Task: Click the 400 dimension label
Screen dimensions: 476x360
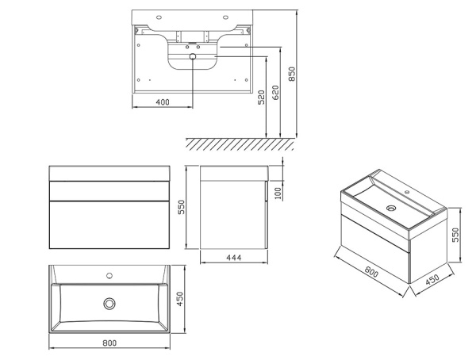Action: pos(163,102)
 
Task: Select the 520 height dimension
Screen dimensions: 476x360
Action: pos(261,97)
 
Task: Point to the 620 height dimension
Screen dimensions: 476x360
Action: pos(275,93)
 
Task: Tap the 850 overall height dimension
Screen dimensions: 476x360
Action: pos(291,74)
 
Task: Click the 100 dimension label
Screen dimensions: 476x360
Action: pos(278,193)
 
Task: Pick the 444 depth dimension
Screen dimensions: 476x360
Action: pos(234,258)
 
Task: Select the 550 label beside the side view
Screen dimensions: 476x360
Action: pos(181,207)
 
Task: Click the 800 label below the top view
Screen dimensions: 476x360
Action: pos(109,343)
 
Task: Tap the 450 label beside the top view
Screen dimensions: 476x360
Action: pos(180,299)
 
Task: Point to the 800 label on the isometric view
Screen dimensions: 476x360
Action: pos(371,272)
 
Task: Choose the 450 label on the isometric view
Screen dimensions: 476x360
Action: pos(432,280)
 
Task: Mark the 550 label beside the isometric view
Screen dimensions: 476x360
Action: pos(455,235)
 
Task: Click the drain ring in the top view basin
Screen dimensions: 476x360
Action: pos(109,303)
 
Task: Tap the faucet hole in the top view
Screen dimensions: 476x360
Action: pos(109,276)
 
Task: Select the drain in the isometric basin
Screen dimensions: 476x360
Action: pos(391,209)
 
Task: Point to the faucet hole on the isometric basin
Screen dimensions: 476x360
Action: pos(408,192)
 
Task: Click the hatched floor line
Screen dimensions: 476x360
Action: pos(240,144)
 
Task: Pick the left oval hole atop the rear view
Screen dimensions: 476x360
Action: pos(159,17)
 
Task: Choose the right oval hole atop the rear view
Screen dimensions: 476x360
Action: pos(225,17)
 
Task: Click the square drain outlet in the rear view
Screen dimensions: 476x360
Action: pos(193,56)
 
